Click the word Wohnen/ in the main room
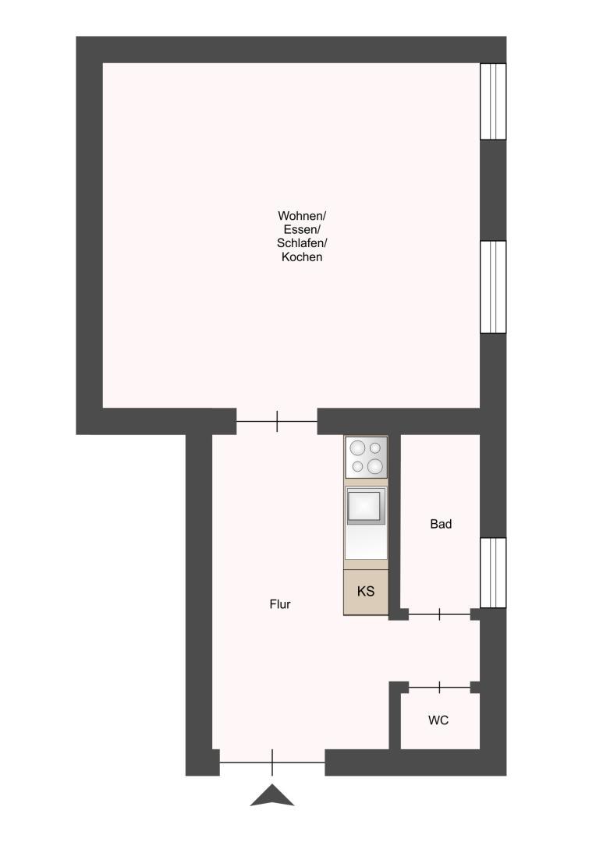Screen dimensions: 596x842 [301, 216]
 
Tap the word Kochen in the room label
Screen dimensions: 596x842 [301, 256]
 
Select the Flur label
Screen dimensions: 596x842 [280, 604]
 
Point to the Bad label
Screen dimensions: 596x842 [441, 524]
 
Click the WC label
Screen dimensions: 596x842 [438, 720]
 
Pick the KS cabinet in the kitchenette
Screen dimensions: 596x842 [366, 591]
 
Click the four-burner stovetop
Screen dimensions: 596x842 [366, 457]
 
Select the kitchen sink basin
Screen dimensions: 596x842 [366, 507]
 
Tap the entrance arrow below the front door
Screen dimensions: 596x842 [272, 796]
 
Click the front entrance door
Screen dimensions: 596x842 [272, 762]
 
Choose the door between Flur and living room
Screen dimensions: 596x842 [277, 422]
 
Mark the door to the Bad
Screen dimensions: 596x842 [440, 614]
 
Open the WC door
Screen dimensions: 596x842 [440, 687]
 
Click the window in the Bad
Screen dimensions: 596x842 [493, 572]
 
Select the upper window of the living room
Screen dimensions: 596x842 [493, 101]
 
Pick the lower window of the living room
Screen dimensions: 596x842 [493, 287]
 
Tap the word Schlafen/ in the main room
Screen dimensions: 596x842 [301, 243]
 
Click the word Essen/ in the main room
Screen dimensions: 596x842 [301, 229]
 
